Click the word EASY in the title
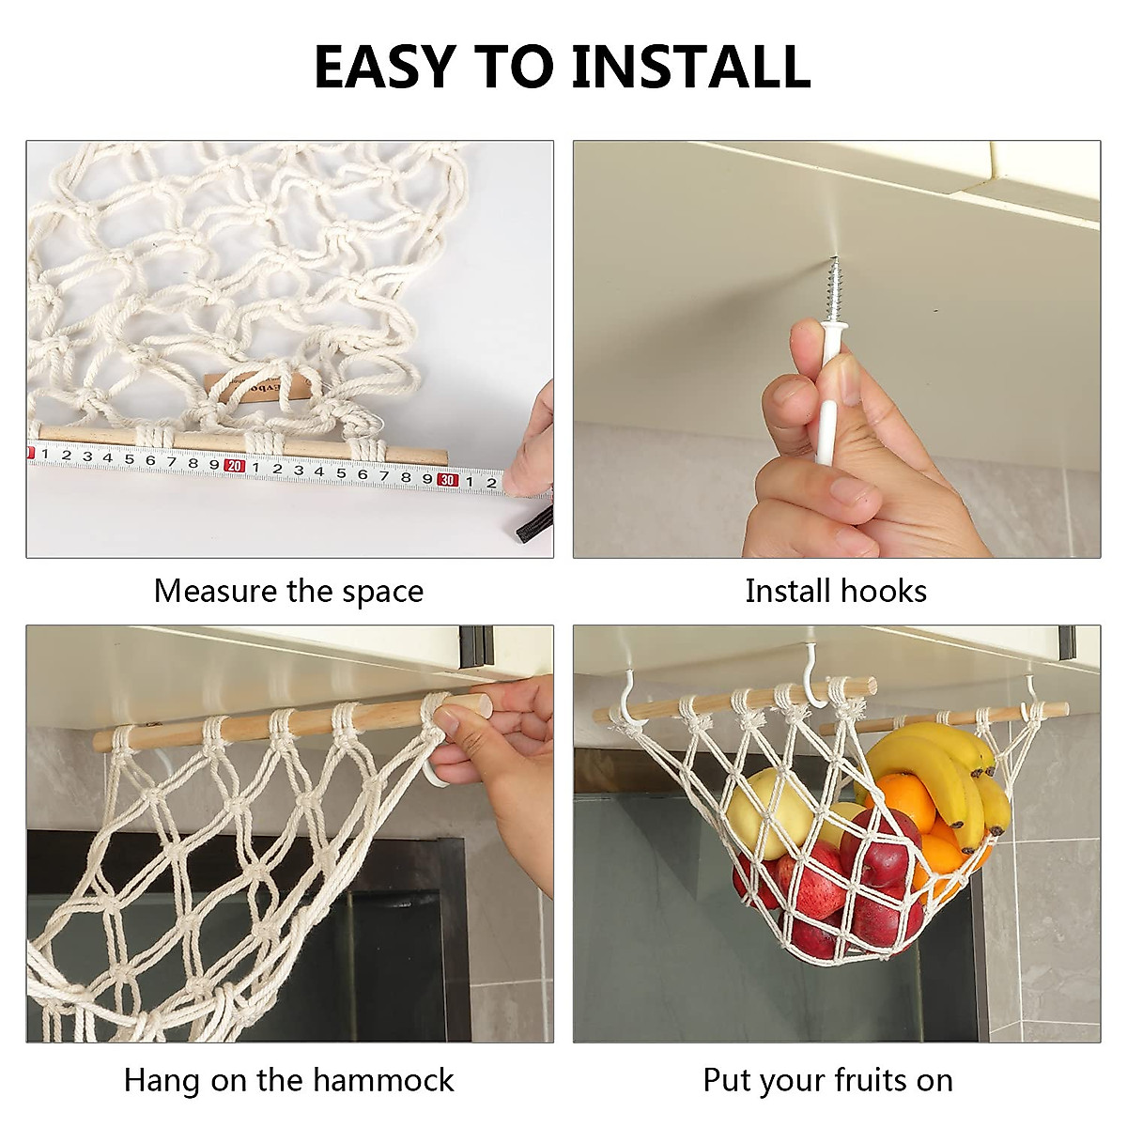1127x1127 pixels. (x=385, y=66)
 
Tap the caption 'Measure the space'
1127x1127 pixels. (x=288, y=592)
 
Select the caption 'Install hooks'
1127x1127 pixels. (x=836, y=592)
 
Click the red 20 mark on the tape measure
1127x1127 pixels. (x=234, y=466)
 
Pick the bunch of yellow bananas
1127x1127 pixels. (x=939, y=770)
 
